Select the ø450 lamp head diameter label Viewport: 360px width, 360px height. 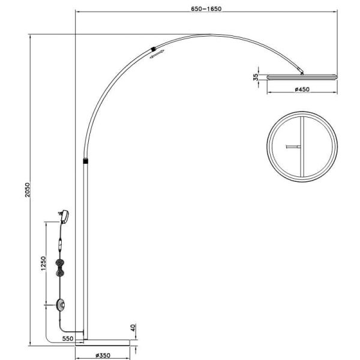(302, 90)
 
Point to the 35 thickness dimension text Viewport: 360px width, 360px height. (256, 77)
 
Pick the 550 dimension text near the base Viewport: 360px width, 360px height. (68, 339)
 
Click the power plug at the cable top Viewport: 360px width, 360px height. (65, 216)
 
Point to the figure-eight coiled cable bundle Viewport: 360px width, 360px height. (60, 267)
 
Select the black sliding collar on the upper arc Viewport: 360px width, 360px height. (154, 49)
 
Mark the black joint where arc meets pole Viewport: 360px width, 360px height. (86, 161)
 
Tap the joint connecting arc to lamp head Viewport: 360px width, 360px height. (303, 73)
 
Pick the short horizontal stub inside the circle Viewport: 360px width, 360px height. (293, 146)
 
